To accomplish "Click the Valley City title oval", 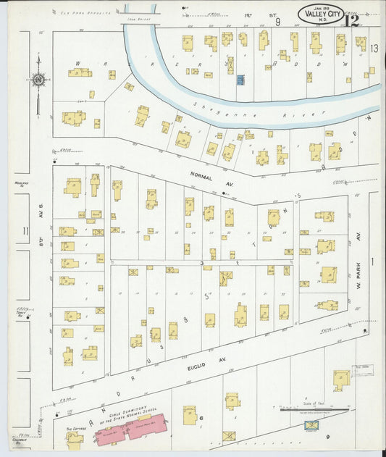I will [x=321, y=13].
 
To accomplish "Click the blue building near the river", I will [x=240, y=80].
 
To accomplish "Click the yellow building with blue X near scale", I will [x=313, y=425].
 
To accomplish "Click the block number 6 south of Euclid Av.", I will [x=202, y=419].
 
